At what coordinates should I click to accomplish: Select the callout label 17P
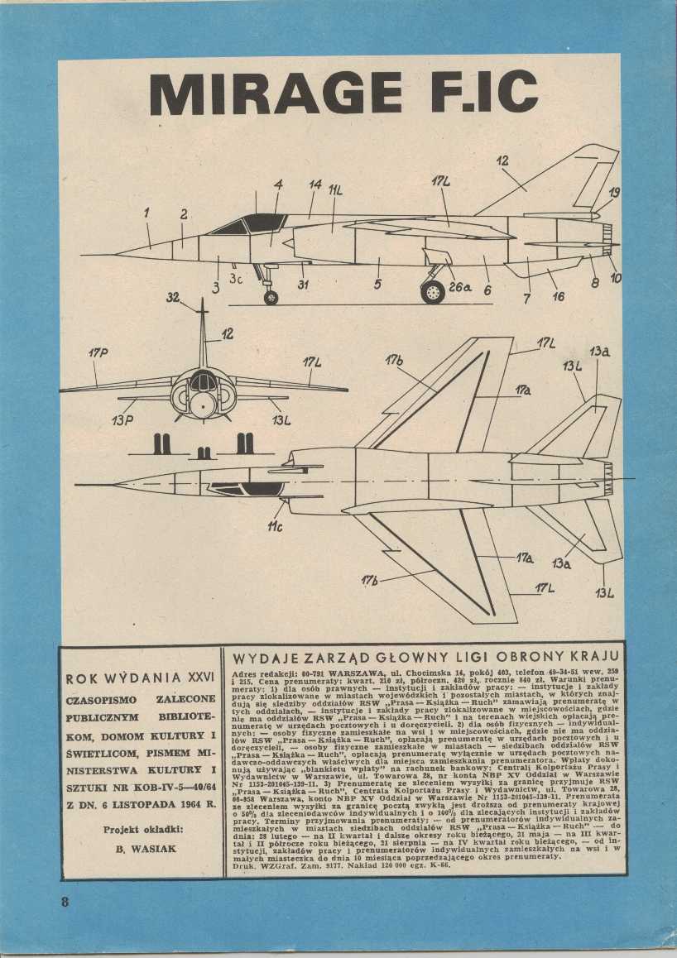click(x=98, y=353)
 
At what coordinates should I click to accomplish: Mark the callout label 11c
click(x=275, y=526)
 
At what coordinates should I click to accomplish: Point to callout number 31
click(x=303, y=285)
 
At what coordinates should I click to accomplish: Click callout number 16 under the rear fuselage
click(x=558, y=295)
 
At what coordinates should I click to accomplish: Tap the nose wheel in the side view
click(x=270, y=297)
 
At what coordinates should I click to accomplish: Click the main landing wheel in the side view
click(x=432, y=291)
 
